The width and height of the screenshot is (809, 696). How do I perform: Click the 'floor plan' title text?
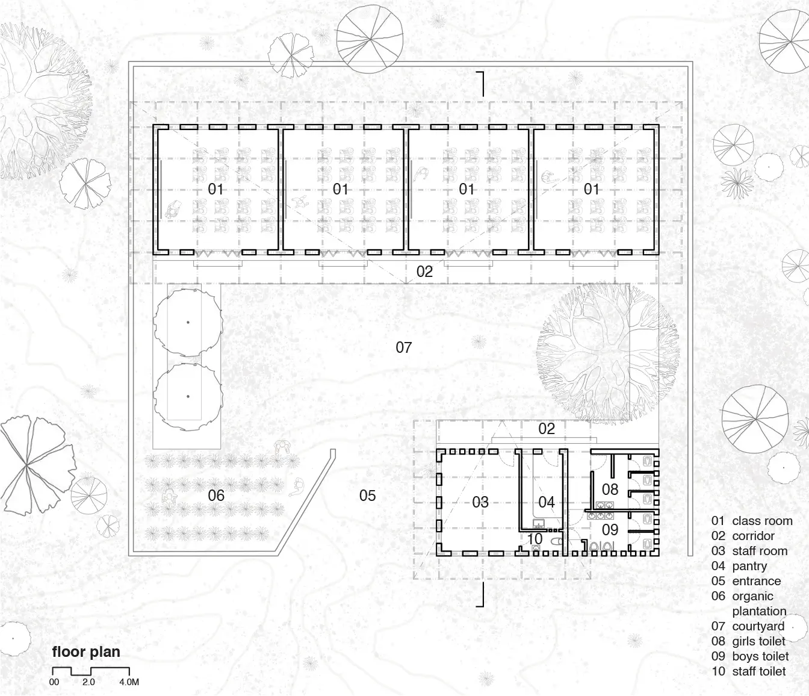click(86, 652)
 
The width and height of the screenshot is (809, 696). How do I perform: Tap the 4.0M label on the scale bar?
click(129, 682)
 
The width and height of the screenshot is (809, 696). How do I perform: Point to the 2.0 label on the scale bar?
click(88, 682)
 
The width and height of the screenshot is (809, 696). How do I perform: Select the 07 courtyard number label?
click(403, 347)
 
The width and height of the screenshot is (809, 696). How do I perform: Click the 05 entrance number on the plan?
click(368, 496)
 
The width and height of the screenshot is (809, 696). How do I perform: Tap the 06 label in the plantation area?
click(216, 496)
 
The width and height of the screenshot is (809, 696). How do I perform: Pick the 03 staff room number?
click(480, 502)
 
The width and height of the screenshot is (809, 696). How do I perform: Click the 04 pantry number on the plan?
click(547, 502)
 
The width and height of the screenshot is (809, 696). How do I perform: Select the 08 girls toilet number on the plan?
click(610, 489)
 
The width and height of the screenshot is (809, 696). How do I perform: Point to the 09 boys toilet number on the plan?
click(610, 530)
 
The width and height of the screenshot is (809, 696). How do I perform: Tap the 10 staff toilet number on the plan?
click(535, 539)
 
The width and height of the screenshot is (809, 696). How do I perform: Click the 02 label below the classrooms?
click(424, 272)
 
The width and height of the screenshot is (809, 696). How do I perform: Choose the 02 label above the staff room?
click(547, 429)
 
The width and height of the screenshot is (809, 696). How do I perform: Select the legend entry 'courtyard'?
click(758, 626)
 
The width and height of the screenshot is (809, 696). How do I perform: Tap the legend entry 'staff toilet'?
click(759, 671)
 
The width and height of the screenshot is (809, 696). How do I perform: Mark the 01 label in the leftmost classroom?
click(215, 189)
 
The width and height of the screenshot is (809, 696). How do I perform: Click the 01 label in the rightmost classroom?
click(591, 189)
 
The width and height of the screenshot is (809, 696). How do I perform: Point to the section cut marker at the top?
click(481, 84)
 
